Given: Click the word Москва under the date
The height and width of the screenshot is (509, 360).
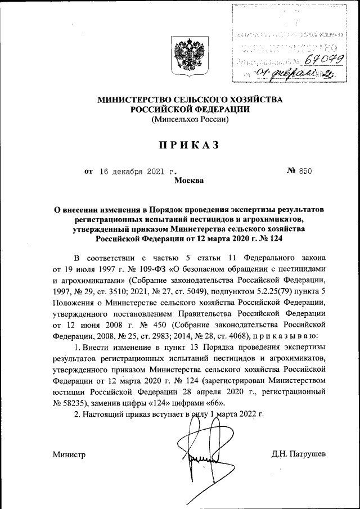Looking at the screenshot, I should point(189,181).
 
